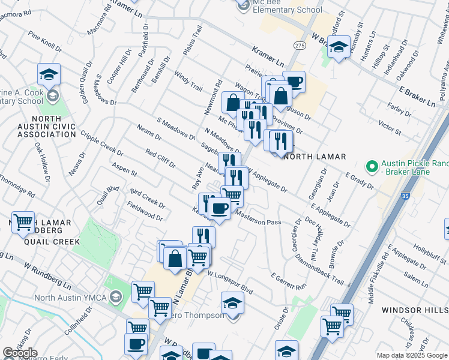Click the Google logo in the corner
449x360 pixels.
[20, 353]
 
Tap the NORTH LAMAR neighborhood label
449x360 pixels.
[314, 157]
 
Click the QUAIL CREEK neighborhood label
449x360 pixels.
[52, 242]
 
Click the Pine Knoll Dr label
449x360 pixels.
[44, 42]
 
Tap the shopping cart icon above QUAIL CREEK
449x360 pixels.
[23, 223]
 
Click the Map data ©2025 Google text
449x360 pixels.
[412, 355]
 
